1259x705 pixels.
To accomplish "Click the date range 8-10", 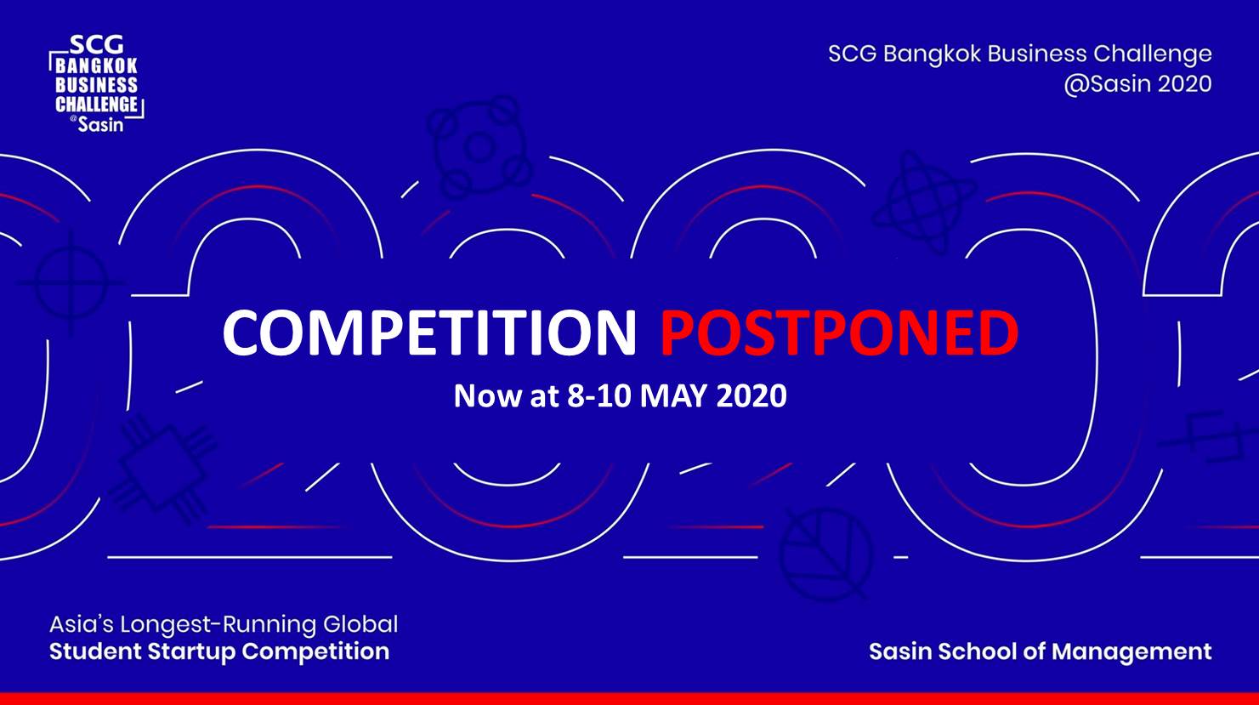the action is coord(599,395).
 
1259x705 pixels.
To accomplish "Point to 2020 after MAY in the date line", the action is coord(751,395).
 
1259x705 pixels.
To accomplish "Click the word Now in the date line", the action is coord(488,395).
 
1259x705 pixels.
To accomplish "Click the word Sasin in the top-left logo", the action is coord(100,124).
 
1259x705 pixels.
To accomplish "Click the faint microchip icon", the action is coord(163,468).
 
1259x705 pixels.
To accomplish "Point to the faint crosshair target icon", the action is coord(71,282).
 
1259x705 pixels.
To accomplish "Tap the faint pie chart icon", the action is coord(825,554).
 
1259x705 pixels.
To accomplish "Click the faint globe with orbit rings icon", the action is coord(924,202).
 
